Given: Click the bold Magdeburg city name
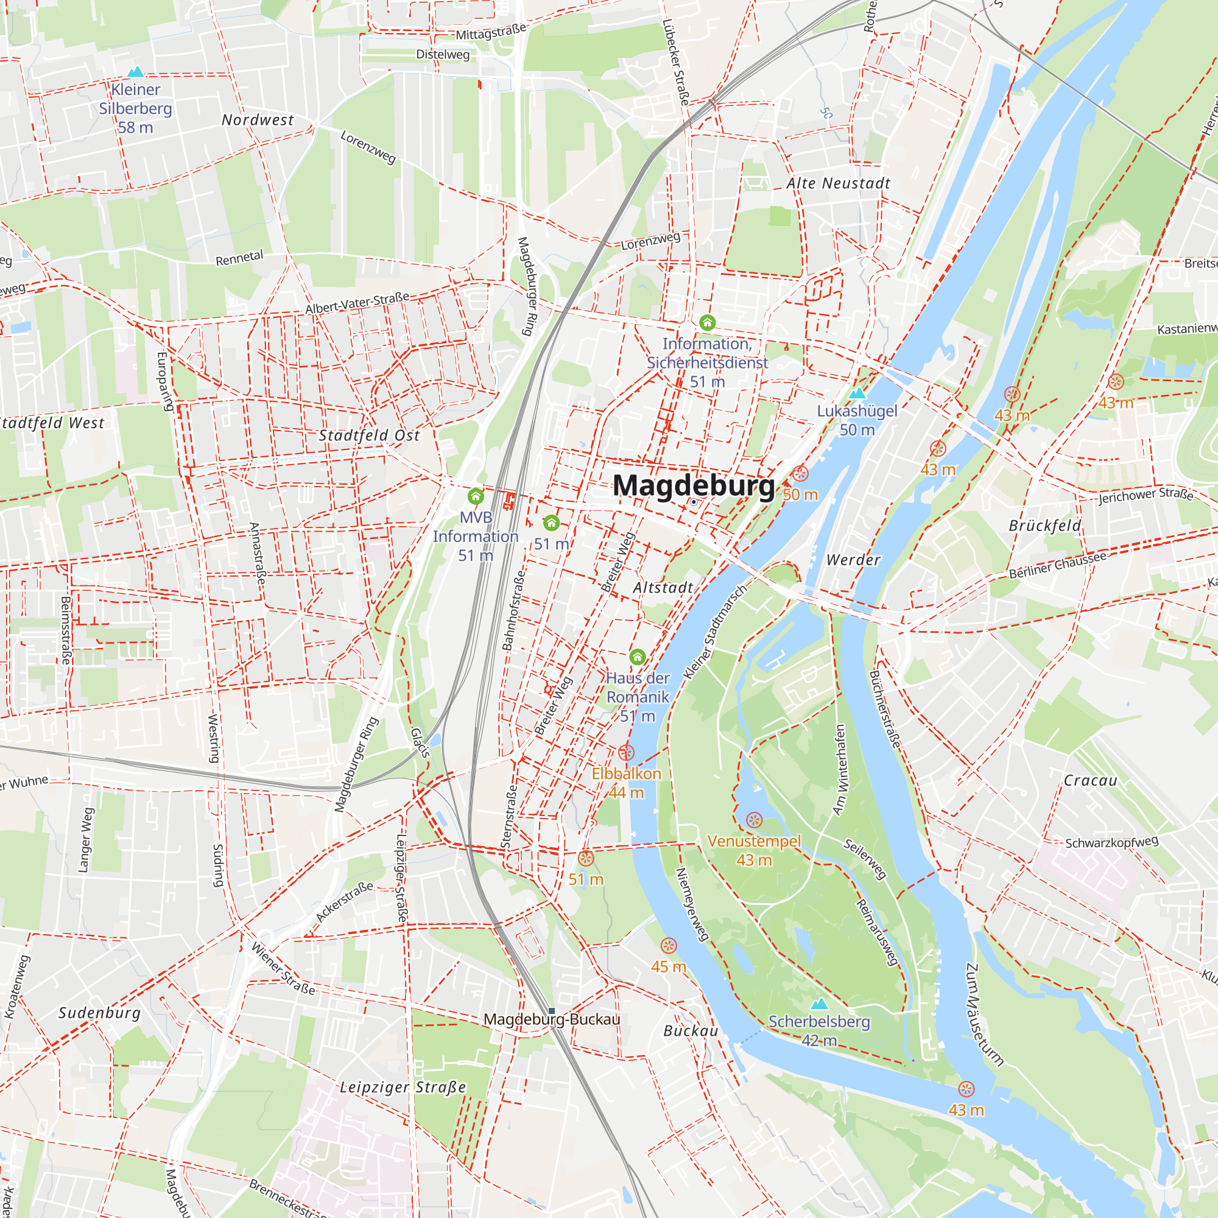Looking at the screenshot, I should point(694,486).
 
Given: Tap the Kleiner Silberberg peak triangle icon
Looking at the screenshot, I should point(136,72).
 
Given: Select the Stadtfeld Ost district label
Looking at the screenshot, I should point(369,435).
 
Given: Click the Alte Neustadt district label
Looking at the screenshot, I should point(838,183).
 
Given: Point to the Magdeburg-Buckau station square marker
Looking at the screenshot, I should point(552,1010).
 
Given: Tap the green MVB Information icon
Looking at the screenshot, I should point(476,496).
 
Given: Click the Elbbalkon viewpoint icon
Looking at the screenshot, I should point(626,752).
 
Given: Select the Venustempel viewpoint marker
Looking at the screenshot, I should point(754,820).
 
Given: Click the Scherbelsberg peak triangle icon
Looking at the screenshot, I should point(819,1003).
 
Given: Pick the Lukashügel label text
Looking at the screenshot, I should point(857,411).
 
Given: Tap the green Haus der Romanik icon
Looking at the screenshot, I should point(638,657).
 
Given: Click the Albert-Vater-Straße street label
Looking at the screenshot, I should point(357,303).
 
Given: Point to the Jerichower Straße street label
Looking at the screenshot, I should point(1146,495).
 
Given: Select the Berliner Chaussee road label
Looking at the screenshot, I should point(1057,566).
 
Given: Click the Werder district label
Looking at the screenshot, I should point(853,560).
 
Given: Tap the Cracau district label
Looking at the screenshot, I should point(1090,781).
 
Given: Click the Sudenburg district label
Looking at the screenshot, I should point(99,1013).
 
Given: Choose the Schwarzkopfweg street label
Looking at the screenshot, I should point(1111,842).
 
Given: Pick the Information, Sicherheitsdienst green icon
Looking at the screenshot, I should point(707,323).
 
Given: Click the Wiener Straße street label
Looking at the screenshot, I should point(283,968).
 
